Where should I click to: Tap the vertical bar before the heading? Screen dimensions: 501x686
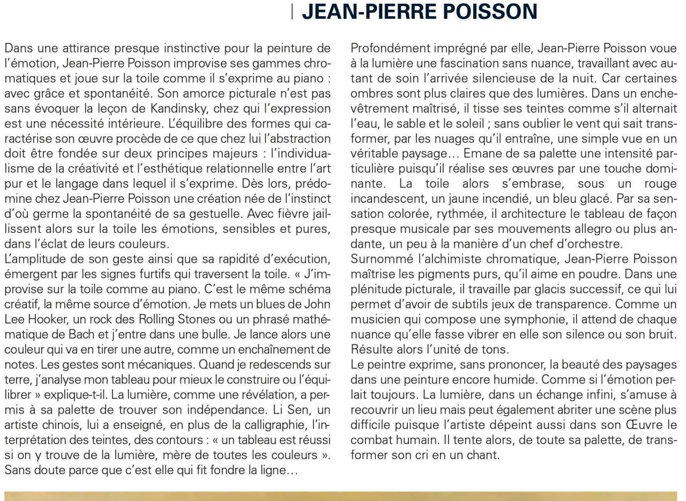tap(293, 11)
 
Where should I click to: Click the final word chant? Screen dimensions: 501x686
tap(484, 455)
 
